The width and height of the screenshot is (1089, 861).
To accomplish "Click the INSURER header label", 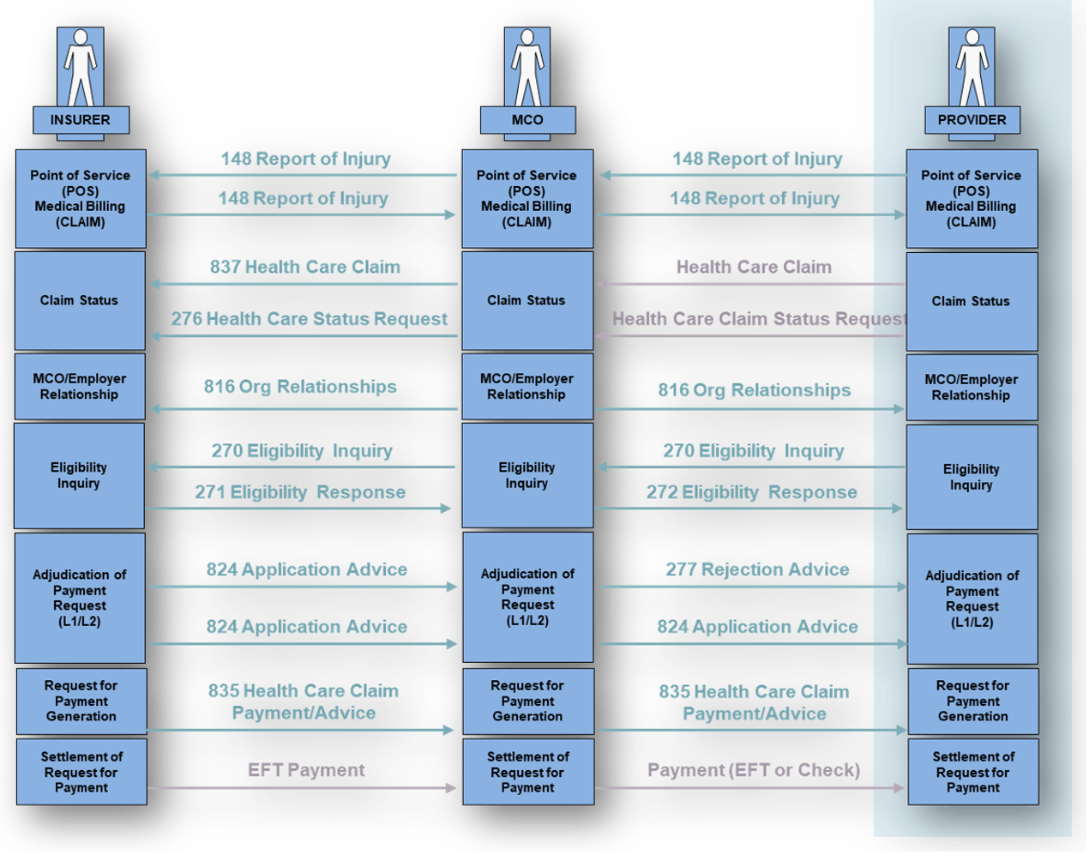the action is coord(81,120).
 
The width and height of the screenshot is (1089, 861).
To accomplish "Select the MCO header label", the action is coord(527,120).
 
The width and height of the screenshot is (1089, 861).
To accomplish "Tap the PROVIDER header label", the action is coord(972,120).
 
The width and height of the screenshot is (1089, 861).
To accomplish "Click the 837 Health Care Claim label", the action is coord(305,267).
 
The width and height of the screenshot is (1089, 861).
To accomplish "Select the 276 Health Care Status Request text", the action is coord(310,319).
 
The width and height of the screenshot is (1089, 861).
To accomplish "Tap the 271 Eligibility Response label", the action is coord(300,492).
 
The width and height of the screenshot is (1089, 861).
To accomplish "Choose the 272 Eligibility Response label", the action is coord(751,492).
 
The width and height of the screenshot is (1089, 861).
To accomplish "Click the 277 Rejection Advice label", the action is coord(757,569).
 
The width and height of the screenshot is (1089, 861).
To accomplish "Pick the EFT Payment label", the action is coord(306,770).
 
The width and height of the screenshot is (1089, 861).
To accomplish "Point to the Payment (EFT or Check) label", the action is coord(754,770).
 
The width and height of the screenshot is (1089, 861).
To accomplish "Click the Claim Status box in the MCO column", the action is coord(527,301).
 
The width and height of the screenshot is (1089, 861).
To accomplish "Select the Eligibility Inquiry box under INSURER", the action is coord(80,476).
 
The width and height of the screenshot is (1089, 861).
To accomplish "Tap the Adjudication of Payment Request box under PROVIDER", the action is coord(972,599).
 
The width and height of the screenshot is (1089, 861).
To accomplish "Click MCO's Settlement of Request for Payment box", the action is coord(528,772).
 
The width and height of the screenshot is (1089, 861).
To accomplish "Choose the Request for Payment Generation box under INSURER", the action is coord(82,701).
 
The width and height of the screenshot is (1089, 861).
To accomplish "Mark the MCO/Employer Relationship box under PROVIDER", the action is coord(972,388).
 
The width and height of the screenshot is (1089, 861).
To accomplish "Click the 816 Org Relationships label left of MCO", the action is coord(300,387).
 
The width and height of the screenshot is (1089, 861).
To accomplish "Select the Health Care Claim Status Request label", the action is coord(759,319).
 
